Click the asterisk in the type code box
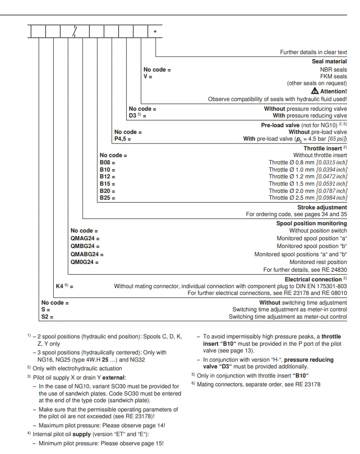(x=155, y=32)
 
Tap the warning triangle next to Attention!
(x=315, y=91)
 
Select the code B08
(x=106, y=162)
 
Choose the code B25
(x=106, y=197)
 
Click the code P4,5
(x=121, y=139)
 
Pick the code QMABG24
(x=86, y=254)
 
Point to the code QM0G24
(x=83, y=262)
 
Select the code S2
(x=46, y=317)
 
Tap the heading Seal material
(x=330, y=61)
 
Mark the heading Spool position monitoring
(x=312, y=223)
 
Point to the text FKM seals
(x=334, y=76)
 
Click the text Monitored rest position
(x=318, y=262)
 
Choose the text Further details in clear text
(x=313, y=52)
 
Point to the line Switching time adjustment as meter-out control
(x=288, y=317)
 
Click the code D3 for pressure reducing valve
(x=133, y=116)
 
